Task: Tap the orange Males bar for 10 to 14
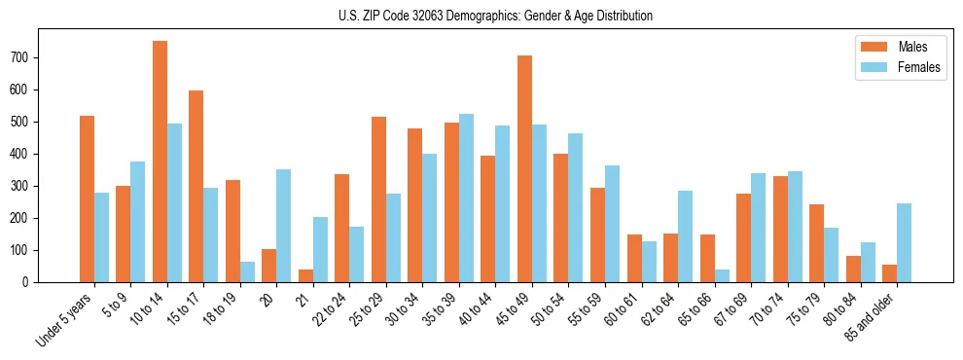point(160,162)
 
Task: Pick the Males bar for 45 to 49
point(524,169)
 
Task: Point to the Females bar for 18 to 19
point(247,271)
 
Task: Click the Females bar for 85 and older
point(904,243)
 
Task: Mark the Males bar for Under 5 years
point(87,199)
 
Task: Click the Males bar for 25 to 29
point(378,199)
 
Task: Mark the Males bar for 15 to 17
point(196,187)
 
